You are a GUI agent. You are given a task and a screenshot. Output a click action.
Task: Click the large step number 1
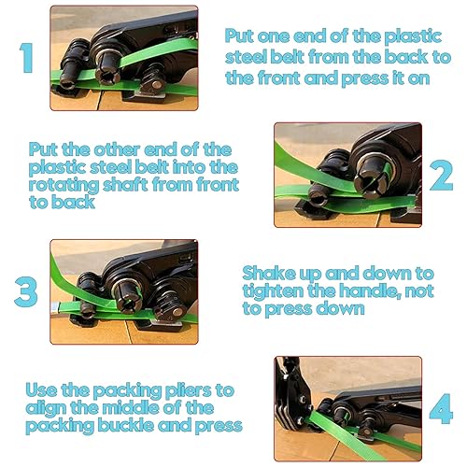click(x=27, y=58)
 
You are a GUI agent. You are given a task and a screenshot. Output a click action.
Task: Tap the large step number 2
click(x=442, y=175)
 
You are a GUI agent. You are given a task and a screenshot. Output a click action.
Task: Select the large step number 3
click(x=26, y=291)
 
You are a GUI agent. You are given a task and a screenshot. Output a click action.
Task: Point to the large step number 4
click(x=441, y=408)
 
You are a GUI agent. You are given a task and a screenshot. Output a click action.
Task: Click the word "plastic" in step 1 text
click(x=413, y=36)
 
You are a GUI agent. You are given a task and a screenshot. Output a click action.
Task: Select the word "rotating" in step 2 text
click(x=64, y=186)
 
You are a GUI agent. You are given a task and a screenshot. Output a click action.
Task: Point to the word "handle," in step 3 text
click(x=369, y=291)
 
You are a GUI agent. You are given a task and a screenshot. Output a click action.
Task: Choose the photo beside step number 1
click(x=124, y=58)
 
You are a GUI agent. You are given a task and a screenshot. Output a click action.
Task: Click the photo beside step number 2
click(x=348, y=175)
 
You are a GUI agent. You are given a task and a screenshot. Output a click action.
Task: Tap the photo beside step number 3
click(x=124, y=291)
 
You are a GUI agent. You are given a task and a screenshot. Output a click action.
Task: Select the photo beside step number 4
click(x=348, y=409)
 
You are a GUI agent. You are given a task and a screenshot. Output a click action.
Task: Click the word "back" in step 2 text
click(x=73, y=203)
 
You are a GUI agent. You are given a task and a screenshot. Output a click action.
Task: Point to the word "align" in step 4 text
click(x=46, y=409)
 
